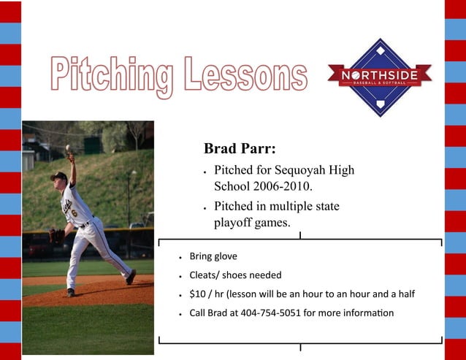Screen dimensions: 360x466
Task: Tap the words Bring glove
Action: click(x=213, y=257)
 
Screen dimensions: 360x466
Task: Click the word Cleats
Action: click(x=204, y=275)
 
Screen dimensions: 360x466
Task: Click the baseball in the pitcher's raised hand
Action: click(x=68, y=148)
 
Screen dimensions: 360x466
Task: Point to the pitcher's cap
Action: click(x=58, y=176)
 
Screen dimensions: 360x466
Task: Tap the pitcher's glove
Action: click(x=56, y=236)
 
